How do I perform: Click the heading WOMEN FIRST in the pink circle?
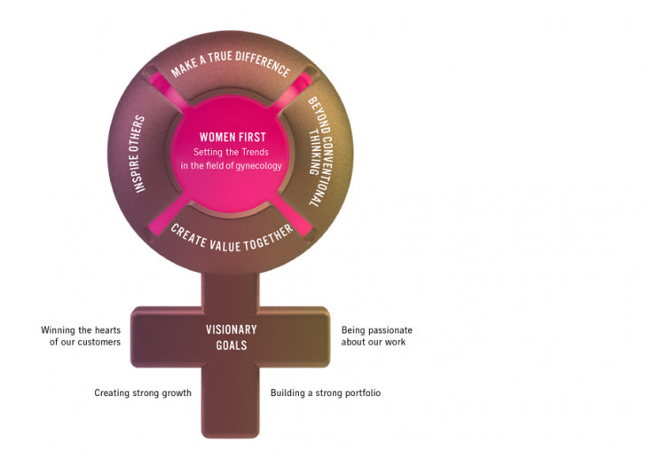point(232,138)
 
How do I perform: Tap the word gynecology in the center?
point(258,165)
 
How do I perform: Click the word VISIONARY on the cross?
point(231,329)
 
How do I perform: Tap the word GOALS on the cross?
point(231,345)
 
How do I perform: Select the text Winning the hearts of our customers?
point(81,336)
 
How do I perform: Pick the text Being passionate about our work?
point(376,336)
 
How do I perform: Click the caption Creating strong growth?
point(143,393)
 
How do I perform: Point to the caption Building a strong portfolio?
point(326,393)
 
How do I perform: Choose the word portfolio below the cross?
point(361,393)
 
